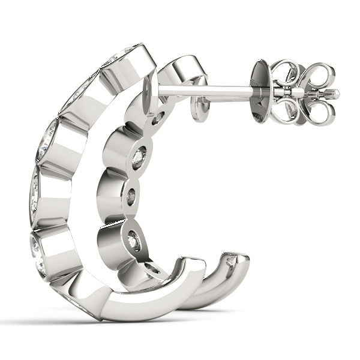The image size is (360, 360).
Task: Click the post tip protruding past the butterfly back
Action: click(333, 94)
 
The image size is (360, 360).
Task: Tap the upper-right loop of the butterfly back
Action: click(316, 76)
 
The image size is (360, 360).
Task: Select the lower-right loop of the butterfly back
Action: click(316, 112)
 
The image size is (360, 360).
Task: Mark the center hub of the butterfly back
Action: click(299, 93)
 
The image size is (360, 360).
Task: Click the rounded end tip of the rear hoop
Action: click(240, 260)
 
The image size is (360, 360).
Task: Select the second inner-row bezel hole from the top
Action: click(139, 157)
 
